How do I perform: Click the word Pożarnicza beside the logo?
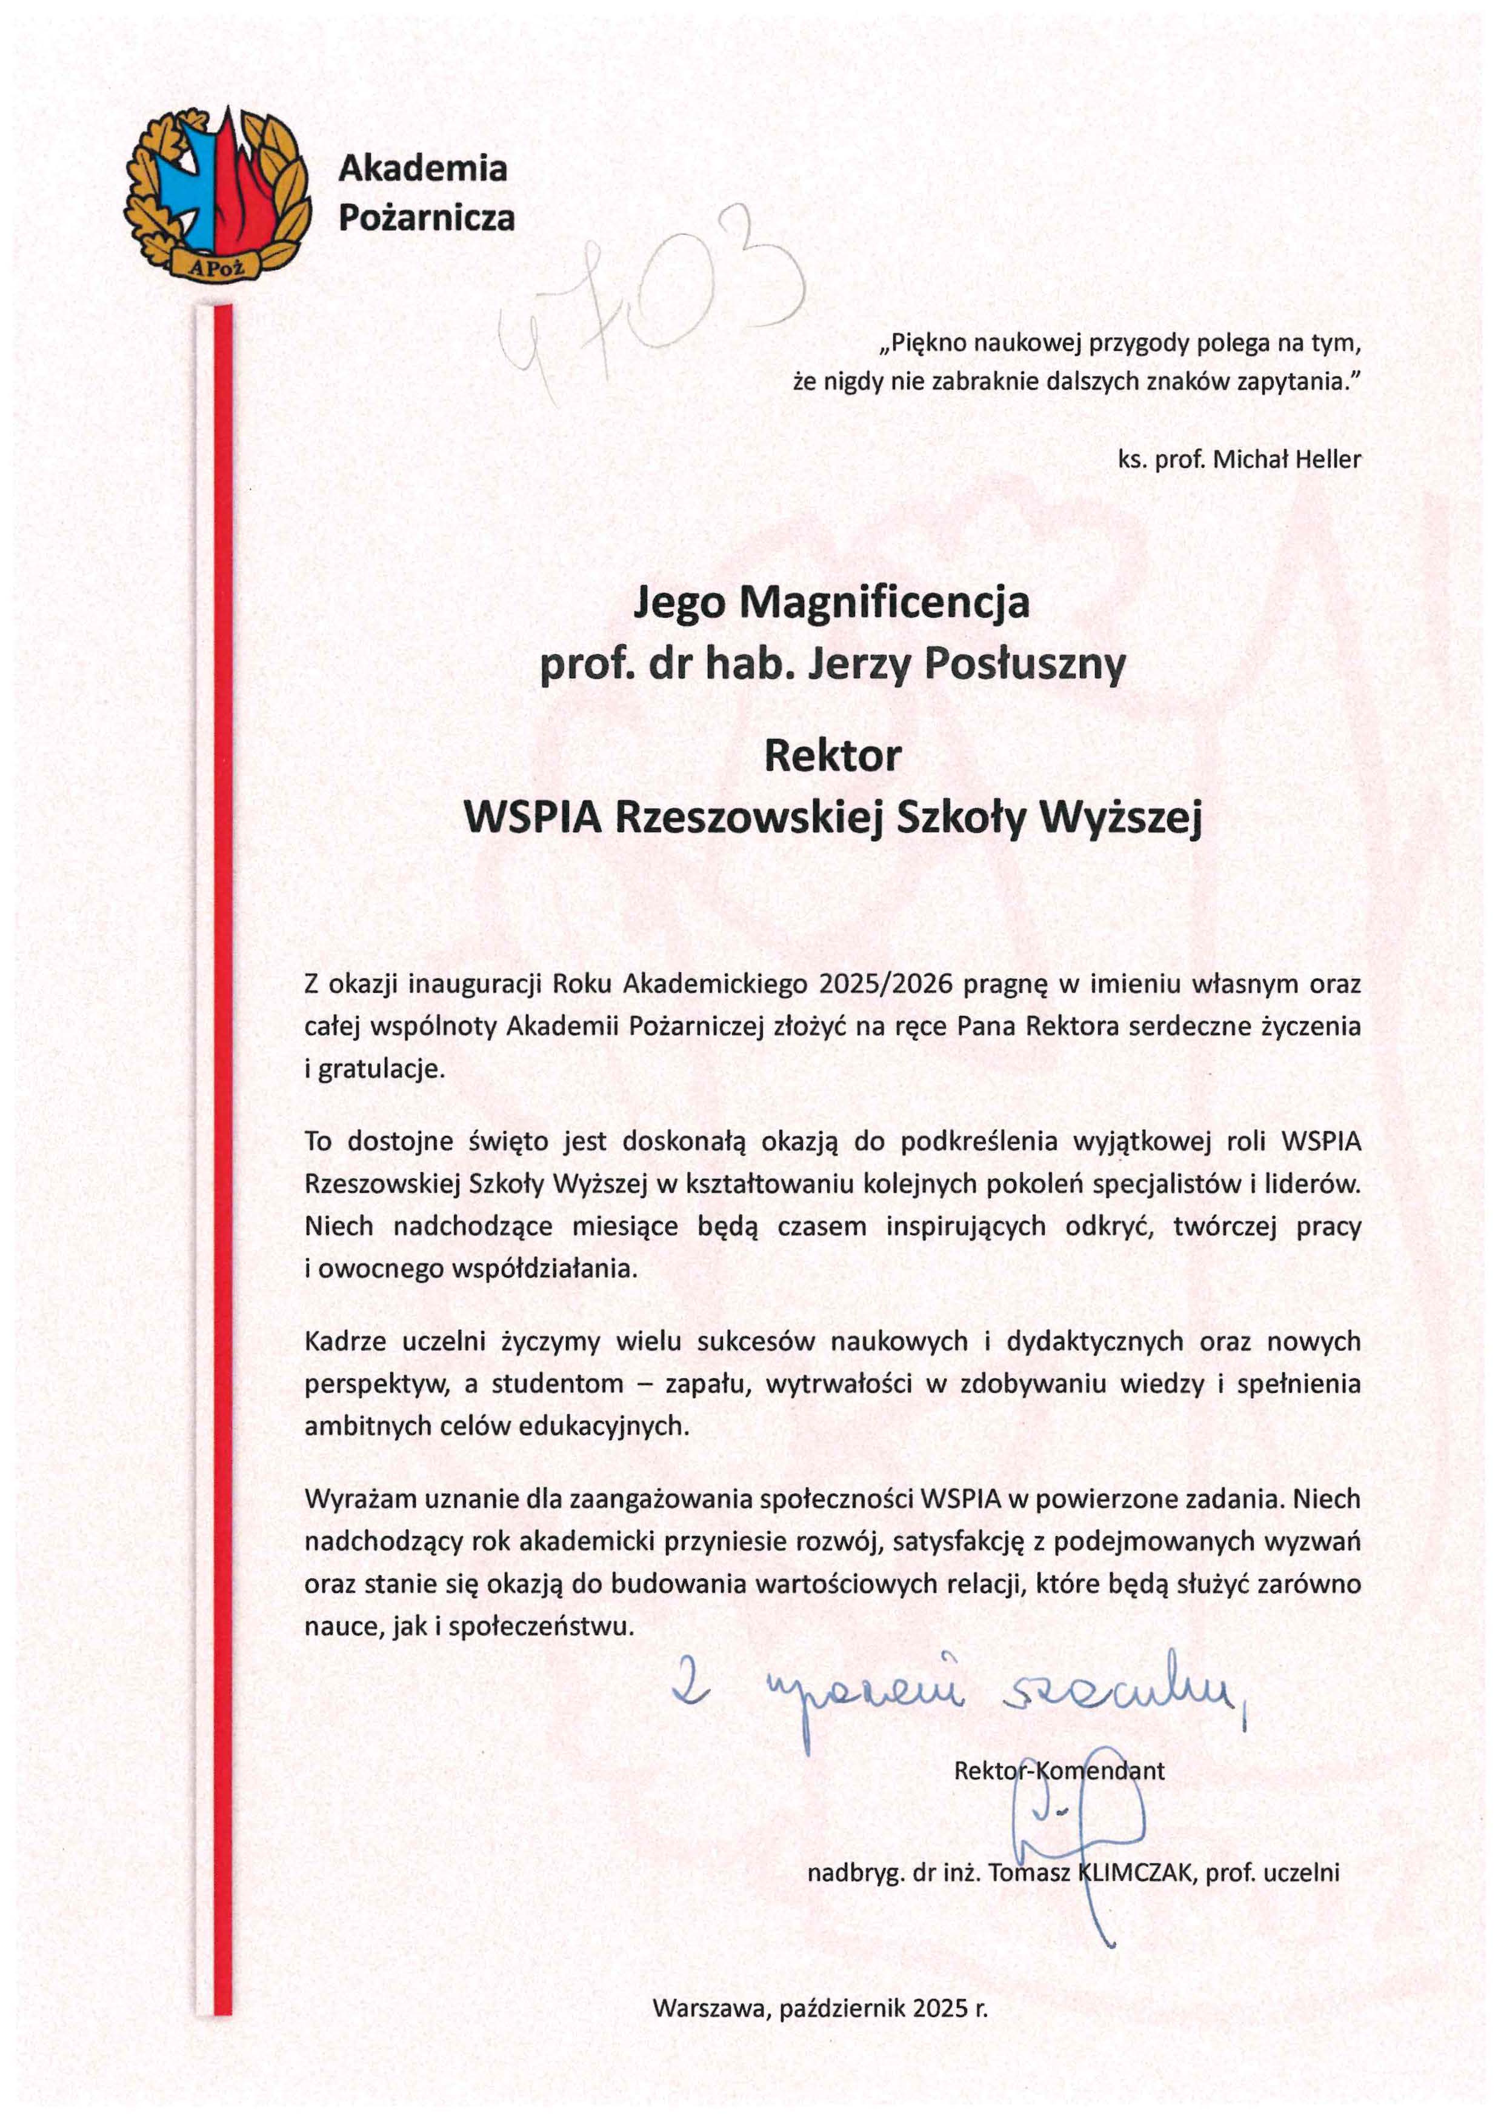(427, 218)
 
